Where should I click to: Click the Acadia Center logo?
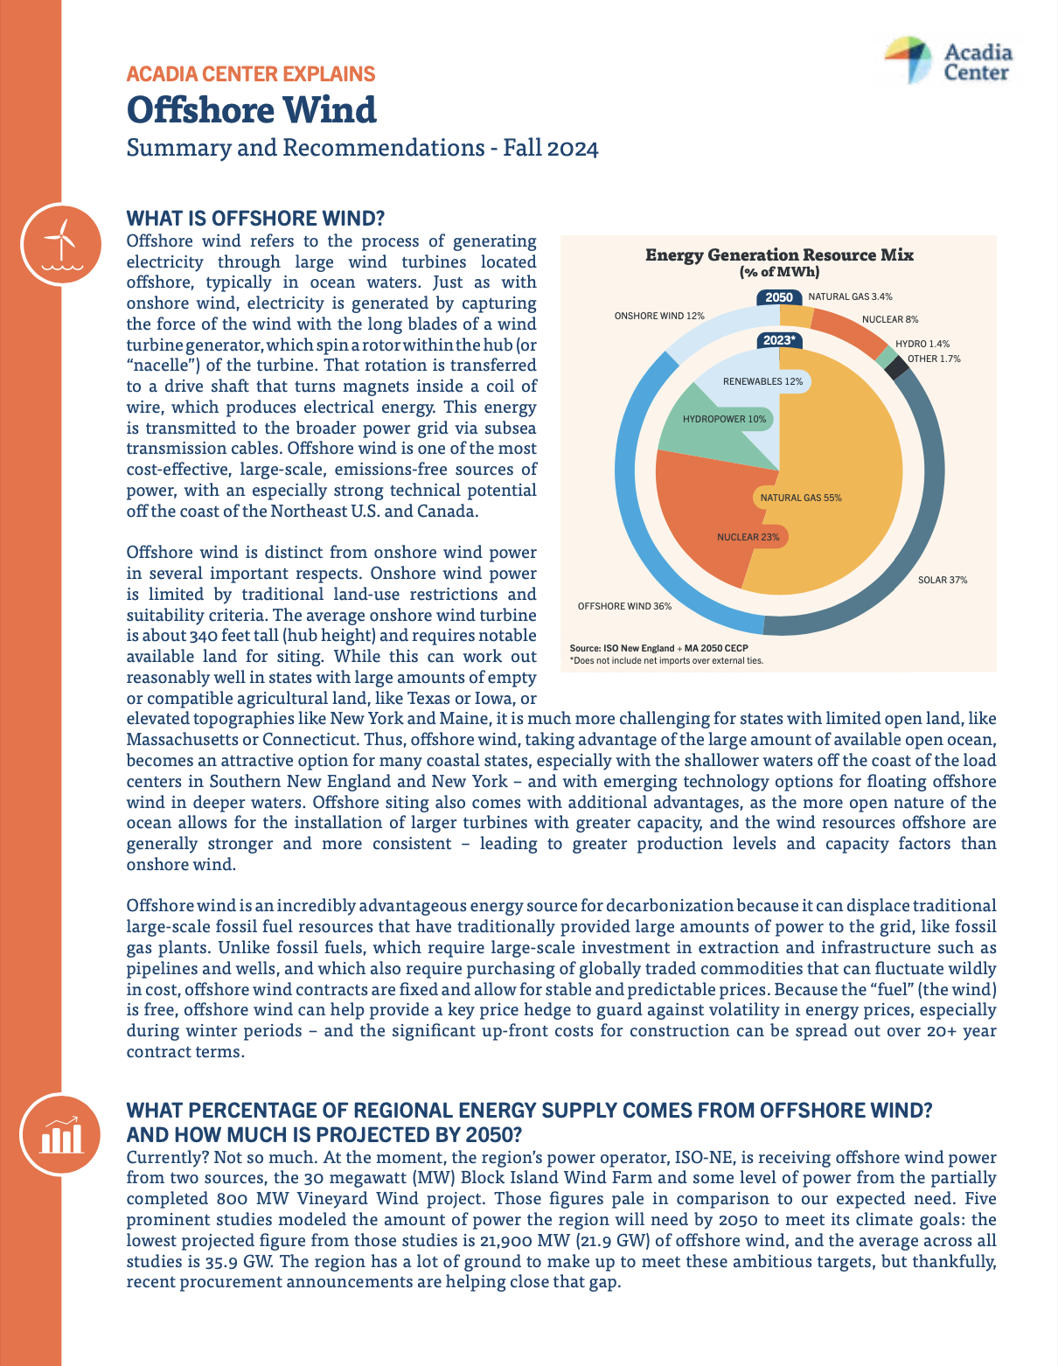coord(949,61)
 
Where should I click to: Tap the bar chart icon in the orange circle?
coord(59,1133)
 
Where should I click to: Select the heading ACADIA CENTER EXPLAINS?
coord(250,74)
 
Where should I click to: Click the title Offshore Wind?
coord(251,110)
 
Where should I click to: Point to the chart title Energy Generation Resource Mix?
coord(779,255)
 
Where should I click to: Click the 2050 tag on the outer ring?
coord(778,297)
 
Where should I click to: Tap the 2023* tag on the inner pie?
coord(778,340)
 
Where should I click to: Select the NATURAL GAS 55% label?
coord(800,498)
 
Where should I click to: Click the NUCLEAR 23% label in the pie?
coord(748,536)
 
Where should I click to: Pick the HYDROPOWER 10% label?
coord(724,419)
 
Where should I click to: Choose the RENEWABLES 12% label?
coord(762,381)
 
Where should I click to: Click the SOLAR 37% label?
coord(942,580)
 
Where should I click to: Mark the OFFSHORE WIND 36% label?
coord(624,606)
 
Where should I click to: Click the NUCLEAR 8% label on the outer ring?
coord(889,319)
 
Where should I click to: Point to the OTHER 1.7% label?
coord(933,359)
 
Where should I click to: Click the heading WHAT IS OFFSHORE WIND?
coord(255,218)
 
